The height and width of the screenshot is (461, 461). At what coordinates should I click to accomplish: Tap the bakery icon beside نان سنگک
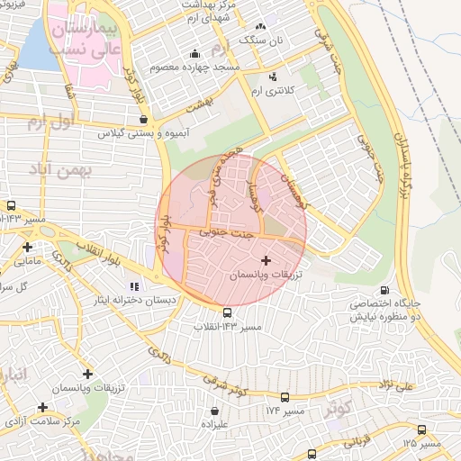262,26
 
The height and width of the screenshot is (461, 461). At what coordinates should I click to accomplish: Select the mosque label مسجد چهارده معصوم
200,68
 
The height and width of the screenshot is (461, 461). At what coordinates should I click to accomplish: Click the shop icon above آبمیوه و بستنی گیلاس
143,117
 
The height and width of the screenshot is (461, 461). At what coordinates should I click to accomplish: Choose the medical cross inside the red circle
264,259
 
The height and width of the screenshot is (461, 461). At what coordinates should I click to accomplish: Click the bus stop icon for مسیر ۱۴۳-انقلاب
227,312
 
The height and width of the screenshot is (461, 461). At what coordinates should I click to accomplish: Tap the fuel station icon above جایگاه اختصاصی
385,289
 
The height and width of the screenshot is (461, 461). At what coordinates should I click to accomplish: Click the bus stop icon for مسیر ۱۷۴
285,397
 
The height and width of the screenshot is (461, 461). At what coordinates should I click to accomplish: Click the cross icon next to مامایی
27,247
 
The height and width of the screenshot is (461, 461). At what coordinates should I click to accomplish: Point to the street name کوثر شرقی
224,386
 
